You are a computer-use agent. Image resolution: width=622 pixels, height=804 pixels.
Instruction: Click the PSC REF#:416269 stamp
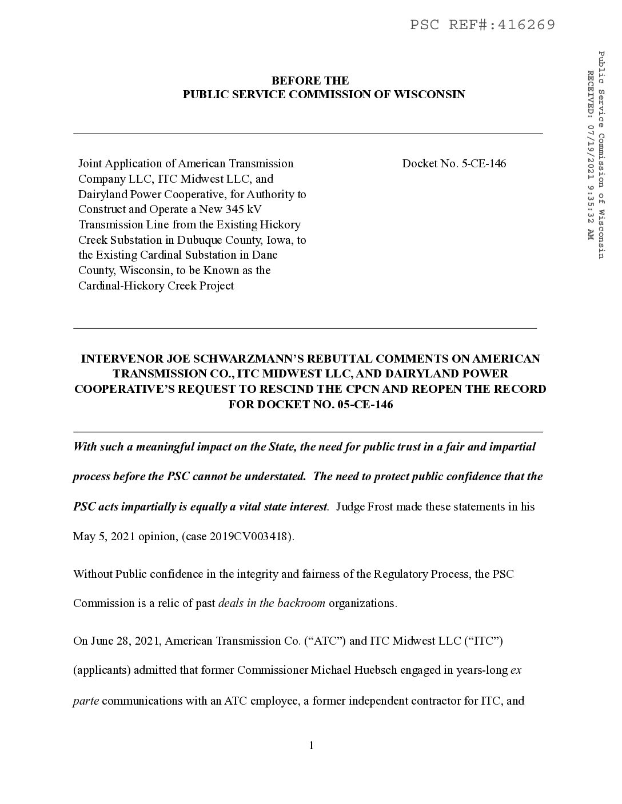coord(483,25)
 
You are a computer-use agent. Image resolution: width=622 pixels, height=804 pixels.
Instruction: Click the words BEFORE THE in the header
coord(310,81)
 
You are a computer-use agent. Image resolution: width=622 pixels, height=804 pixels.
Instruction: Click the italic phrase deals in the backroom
coord(272,604)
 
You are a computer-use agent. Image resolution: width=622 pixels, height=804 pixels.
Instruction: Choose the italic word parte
coord(86,701)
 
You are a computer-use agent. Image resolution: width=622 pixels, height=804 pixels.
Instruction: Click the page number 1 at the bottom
coord(311,745)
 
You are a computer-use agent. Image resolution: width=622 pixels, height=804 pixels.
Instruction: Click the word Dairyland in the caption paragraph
coord(103,194)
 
